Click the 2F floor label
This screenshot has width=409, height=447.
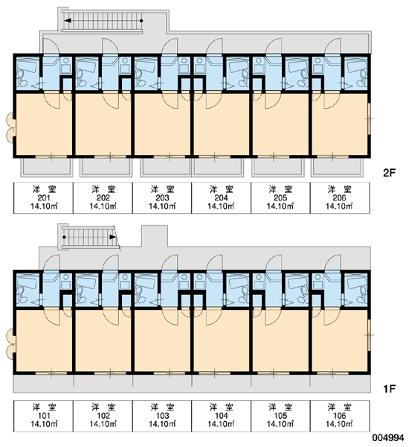390,173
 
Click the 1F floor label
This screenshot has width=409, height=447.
390,389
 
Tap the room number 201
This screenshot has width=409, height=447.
44,198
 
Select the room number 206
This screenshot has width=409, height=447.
339,198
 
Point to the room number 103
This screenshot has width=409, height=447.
162,416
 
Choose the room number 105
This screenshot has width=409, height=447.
280,416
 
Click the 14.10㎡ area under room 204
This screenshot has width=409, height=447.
221,206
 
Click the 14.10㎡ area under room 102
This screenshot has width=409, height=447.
103,424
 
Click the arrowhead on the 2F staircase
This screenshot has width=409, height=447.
68,21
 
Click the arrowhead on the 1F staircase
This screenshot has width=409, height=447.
113,237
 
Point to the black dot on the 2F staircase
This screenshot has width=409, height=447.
141,21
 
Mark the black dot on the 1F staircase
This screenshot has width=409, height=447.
64,237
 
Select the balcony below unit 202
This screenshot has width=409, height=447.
106,167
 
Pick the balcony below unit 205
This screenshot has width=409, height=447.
278,167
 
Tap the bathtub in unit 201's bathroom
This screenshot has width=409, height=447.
28,66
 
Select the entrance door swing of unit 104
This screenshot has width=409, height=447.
215,262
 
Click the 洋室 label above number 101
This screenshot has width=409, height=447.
44,407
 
